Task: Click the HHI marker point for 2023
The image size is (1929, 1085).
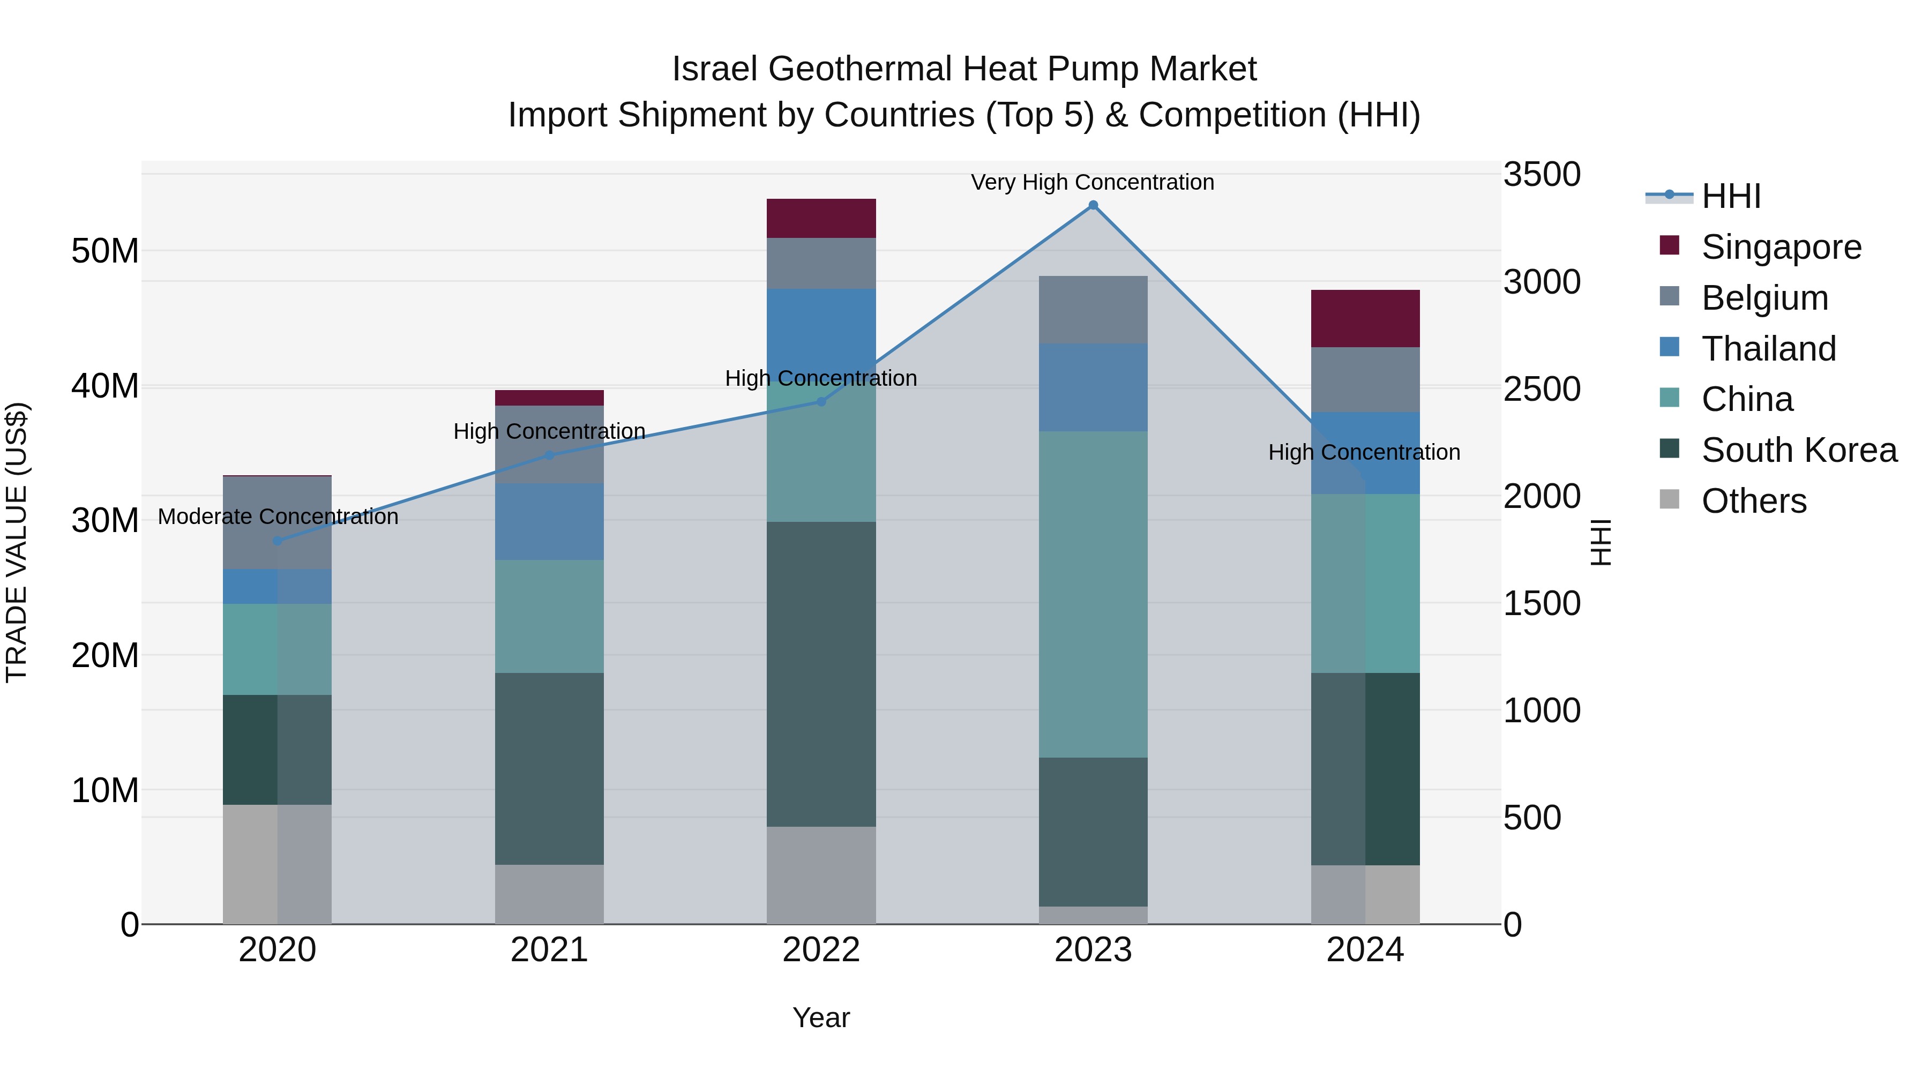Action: tap(1093, 205)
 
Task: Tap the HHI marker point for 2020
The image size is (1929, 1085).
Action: tap(277, 541)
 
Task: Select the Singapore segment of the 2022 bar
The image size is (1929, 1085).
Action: tap(821, 219)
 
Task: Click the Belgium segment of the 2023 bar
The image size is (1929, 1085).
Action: tap(1093, 310)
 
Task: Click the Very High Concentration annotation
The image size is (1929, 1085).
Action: tap(1092, 182)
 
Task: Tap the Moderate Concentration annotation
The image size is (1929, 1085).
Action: tap(278, 517)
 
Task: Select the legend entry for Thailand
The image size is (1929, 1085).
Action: tap(1768, 349)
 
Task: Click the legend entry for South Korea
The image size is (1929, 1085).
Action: tap(1799, 450)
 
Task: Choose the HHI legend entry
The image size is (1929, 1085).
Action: tap(1731, 196)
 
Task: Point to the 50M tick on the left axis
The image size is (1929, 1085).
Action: tap(105, 251)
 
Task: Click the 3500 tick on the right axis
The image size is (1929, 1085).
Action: tap(1541, 175)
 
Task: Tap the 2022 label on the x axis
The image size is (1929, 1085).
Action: tap(821, 950)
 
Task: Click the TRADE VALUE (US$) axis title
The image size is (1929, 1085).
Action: tap(17, 542)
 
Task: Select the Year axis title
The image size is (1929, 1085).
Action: tap(821, 1017)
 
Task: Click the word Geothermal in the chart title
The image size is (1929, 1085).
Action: tap(861, 69)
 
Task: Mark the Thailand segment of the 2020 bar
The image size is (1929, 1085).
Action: tap(277, 586)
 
